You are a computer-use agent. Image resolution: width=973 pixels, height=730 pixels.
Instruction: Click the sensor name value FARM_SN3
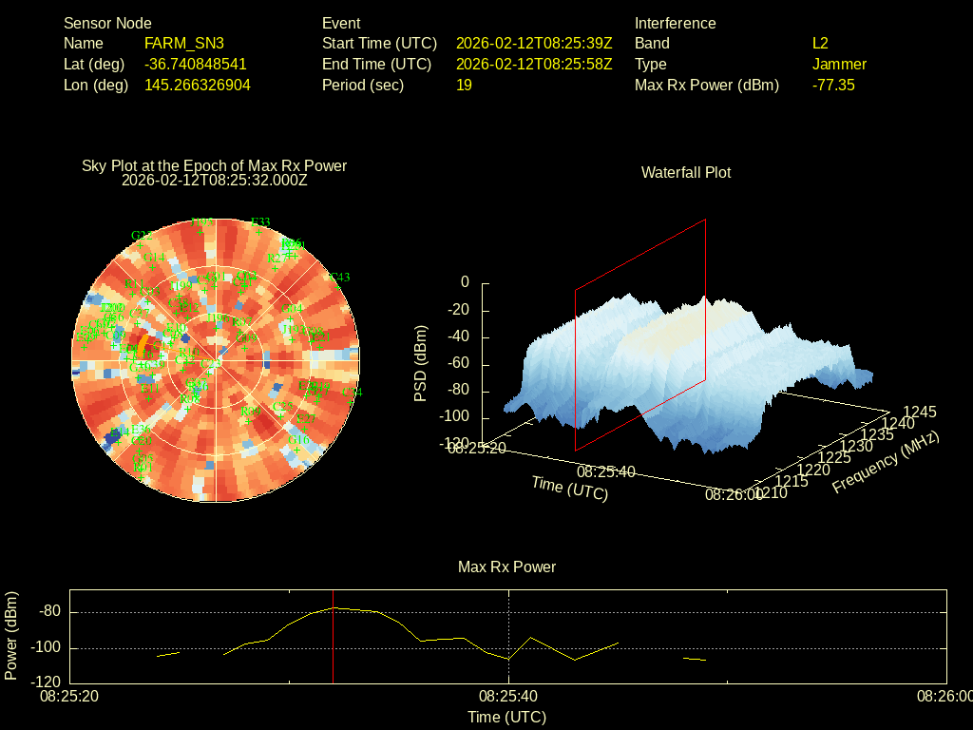point(183,43)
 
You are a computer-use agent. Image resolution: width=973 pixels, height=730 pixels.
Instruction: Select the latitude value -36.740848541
point(195,64)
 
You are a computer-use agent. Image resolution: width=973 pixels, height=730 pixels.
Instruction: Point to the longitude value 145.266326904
point(197,85)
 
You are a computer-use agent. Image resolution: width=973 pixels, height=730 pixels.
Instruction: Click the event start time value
point(534,43)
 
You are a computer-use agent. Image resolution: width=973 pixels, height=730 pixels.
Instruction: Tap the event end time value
point(534,64)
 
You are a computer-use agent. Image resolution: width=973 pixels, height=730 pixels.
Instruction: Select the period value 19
point(464,85)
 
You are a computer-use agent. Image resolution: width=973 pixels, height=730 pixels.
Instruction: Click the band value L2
point(820,43)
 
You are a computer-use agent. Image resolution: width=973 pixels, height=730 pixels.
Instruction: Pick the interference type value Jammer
point(839,64)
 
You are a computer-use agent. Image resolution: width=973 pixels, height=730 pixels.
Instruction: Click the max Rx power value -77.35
point(833,85)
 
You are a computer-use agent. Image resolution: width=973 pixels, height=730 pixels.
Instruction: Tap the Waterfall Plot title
point(686,172)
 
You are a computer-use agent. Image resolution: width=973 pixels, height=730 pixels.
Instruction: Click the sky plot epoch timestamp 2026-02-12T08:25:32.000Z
point(215,179)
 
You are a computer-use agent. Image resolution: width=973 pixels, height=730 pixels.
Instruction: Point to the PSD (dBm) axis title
point(421,363)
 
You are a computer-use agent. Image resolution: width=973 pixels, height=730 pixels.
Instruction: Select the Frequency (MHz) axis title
point(886,462)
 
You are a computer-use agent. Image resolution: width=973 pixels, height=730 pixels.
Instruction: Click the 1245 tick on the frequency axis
point(920,412)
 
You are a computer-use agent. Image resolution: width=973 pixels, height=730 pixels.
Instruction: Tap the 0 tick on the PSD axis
point(465,282)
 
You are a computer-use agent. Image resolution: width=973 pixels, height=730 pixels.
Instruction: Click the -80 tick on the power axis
point(50,611)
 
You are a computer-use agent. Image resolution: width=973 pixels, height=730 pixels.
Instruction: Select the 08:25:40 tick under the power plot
point(509,696)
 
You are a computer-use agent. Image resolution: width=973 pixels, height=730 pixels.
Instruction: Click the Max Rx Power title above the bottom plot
point(506,567)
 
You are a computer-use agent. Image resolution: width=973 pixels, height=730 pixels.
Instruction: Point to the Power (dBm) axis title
point(11,635)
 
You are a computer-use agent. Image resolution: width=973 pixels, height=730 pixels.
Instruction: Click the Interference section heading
point(675,23)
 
